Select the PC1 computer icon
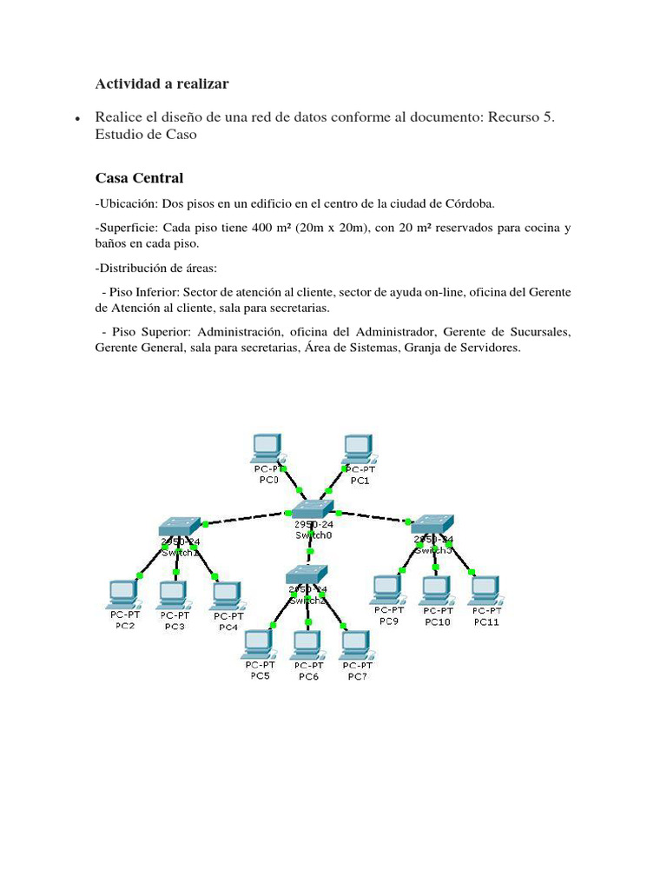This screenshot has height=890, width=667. point(357,448)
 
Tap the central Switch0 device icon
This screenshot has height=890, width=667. point(312,510)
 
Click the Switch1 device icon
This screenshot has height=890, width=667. point(180,526)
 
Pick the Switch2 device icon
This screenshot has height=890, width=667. point(307,574)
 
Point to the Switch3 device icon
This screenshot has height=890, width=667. point(432,523)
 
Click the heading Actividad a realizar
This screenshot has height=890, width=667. point(162,83)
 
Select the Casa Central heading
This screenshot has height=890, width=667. point(139,178)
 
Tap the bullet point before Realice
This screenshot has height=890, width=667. point(78,117)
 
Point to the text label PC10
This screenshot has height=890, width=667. point(437,622)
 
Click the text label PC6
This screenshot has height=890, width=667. point(308,676)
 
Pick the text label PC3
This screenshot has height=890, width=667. point(175,626)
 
